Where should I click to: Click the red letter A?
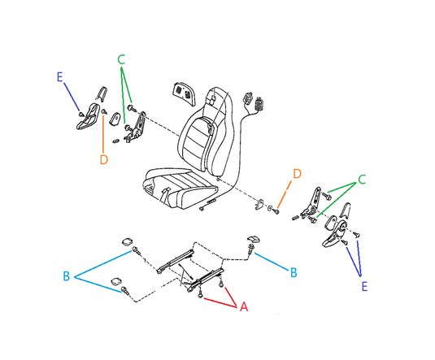244,306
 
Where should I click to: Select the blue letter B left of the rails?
67,276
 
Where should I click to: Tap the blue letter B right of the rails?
294,272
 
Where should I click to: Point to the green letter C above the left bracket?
121,59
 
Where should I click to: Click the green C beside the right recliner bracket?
362,180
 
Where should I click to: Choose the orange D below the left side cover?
104,160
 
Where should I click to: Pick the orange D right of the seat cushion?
297,174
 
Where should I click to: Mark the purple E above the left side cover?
59,77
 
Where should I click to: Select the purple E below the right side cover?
364,286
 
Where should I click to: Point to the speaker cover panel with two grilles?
183,93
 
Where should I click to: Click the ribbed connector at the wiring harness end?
260,104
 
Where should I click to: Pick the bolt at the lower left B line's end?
124,291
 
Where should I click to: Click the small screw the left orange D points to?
104,111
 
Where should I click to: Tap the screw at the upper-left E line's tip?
81,114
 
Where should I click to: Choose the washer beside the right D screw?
270,208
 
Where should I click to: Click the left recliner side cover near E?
88,116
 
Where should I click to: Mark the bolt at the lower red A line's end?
200,295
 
